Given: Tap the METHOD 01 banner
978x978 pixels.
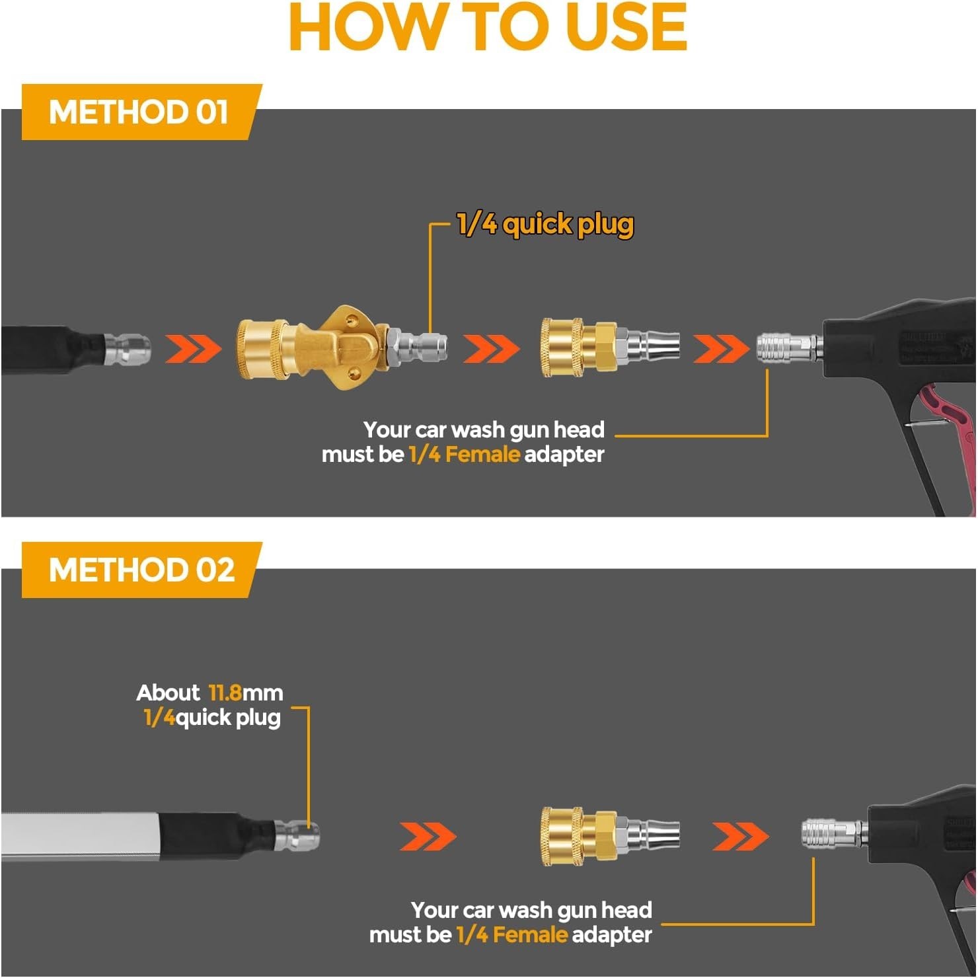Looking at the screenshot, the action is coord(141,112).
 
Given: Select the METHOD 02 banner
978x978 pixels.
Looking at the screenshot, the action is coord(141,570).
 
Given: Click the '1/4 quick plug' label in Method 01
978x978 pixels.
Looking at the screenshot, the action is coord(545,225).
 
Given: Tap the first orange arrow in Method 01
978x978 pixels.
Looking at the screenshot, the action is coord(193,349).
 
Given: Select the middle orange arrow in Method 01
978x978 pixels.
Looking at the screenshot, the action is coord(491,349).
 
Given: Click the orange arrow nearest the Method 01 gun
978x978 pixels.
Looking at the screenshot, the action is coord(722,349).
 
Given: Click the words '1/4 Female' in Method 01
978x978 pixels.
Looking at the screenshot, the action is coord(464,455).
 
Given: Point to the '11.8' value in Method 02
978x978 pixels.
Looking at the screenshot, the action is coord(225,693).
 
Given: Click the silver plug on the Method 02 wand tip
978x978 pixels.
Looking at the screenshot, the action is coord(297,836).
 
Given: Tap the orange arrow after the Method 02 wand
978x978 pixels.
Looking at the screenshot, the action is coord(428,837).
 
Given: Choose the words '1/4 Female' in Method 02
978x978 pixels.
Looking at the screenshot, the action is coord(511,935).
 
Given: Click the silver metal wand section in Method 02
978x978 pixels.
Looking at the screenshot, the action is coord(80,837).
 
